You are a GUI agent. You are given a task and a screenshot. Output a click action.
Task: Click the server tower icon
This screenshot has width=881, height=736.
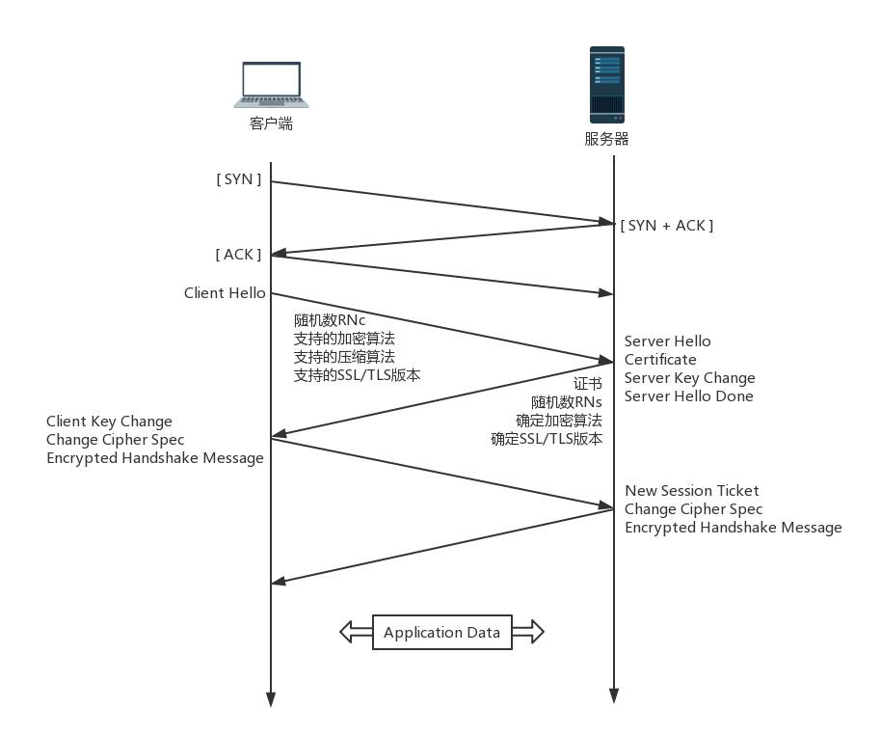[x=607, y=83]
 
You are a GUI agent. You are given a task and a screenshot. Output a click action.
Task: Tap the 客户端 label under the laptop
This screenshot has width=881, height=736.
[x=271, y=123]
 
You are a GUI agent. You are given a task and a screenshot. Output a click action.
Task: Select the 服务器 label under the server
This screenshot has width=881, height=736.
[x=607, y=139]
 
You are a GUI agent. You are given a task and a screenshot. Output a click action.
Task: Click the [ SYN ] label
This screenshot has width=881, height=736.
[x=239, y=178]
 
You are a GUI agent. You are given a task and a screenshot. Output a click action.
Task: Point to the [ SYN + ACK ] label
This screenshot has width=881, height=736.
[x=667, y=225]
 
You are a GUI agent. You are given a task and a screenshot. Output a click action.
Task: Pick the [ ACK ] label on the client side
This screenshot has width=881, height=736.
[x=238, y=254]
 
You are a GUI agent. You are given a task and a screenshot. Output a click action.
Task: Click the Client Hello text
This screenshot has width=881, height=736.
[x=225, y=292]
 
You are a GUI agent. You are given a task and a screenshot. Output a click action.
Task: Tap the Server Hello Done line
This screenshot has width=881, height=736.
[x=688, y=395]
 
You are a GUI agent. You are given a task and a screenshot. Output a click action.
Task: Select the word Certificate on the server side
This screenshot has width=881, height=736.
[x=660, y=359]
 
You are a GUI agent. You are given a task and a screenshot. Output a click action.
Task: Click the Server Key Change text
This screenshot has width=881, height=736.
[x=689, y=377]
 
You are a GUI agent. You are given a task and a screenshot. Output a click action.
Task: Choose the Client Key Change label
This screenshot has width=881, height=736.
[x=109, y=421]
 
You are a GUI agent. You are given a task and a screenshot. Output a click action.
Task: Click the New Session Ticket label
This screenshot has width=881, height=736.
[x=691, y=490]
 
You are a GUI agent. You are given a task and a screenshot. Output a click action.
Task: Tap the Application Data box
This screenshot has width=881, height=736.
[x=441, y=633]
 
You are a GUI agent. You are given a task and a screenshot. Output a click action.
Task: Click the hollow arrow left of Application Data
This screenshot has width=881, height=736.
[x=356, y=633]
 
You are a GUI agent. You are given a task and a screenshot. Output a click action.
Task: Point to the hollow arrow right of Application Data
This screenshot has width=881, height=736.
[x=528, y=633]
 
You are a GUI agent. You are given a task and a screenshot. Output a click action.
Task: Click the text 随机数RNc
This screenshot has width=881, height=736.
[x=330, y=320]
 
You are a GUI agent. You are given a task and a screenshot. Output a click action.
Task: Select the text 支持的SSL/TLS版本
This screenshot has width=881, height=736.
[x=357, y=375]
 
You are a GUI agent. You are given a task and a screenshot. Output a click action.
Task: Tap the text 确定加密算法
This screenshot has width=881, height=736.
[x=559, y=420]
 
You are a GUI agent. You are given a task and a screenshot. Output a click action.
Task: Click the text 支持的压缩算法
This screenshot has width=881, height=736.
[x=344, y=357]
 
